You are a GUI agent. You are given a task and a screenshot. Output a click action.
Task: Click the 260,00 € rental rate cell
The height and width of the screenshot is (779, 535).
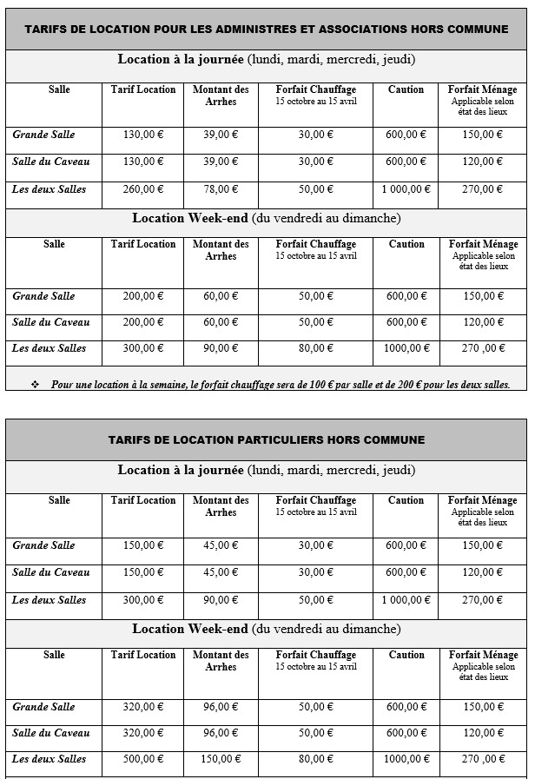pos(143,189)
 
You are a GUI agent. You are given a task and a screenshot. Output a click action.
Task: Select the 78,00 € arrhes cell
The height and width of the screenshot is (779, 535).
pos(221,189)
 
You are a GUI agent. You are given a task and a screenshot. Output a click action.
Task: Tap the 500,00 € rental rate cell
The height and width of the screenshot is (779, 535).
pos(143,759)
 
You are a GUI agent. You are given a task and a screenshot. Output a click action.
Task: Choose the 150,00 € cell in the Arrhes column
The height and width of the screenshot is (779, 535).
pos(221,759)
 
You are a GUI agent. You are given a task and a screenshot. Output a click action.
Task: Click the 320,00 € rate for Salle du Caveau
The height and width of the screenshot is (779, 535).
pos(143,733)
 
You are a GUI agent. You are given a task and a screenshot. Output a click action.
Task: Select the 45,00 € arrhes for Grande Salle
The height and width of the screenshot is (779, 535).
pos(221,545)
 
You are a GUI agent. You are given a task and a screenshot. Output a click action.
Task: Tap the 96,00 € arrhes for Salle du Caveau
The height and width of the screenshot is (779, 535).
pos(221,733)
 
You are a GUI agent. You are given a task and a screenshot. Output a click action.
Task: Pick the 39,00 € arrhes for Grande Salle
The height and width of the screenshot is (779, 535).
pos(221,135)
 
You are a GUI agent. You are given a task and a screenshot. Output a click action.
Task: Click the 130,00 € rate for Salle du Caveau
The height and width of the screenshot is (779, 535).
pos(143,162)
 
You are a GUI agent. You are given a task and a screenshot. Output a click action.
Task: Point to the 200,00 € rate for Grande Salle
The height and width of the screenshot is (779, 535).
pos(143,296)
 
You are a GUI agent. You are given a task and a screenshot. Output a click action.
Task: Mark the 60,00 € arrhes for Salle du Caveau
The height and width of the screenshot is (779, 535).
pos(221,322)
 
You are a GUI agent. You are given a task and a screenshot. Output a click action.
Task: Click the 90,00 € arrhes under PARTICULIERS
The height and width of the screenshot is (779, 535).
pos(221,600)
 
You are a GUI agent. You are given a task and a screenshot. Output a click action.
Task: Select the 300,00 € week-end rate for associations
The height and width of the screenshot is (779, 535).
pos(143,348)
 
